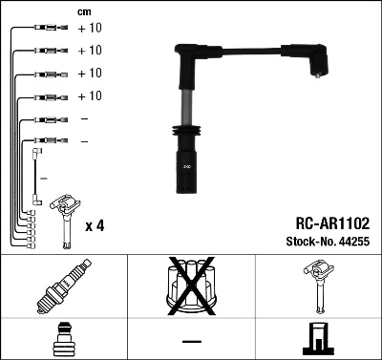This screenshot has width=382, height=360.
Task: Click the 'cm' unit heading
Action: (83, 12)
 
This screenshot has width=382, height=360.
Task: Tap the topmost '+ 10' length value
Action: (89, 29)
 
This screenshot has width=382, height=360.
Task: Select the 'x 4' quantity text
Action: (95, 225)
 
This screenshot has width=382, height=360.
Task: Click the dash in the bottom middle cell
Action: (191, 341)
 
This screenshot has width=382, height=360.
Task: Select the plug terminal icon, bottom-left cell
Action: (63, 339)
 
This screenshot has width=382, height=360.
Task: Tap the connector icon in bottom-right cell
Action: (317, 340)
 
